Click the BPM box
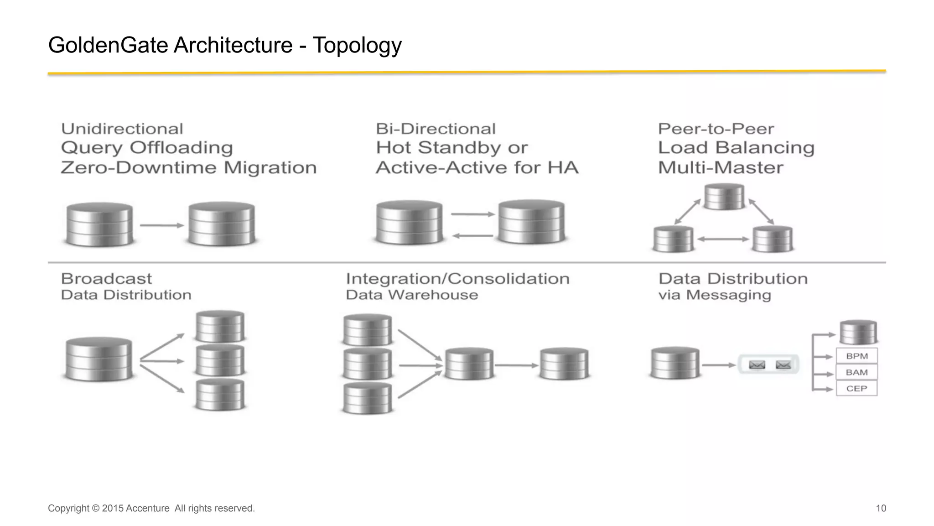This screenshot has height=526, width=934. click(856, 356)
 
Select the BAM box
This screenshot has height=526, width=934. click(856, 372)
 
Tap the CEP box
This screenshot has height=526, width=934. click(856, 389)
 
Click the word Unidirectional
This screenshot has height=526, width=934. click(122, 129)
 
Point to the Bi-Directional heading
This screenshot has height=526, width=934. click(436, 129)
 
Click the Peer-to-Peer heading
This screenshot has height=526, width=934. click(716, 129)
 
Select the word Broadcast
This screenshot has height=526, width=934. click(106, 279)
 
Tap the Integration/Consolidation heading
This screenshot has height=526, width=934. click(457, 279)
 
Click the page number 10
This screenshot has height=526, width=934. click(881, 508)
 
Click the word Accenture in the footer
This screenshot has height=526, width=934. click(147, 508)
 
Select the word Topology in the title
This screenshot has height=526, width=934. click(357, 45)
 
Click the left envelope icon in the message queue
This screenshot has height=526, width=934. click(757, 365)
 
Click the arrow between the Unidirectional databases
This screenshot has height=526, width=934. click(161, 225)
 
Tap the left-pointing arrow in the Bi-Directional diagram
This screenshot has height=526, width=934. click(472, 236)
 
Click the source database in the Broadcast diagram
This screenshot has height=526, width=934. click(99, 359)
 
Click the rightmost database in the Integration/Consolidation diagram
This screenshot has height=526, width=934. click(564, 364)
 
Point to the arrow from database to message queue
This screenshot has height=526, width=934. click(718, 365)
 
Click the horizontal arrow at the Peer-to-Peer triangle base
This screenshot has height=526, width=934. click(723, 239)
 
